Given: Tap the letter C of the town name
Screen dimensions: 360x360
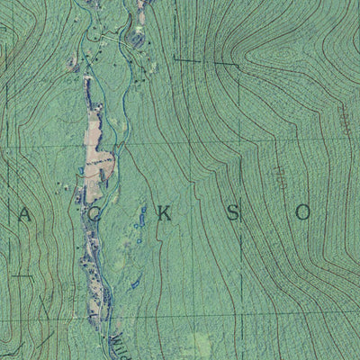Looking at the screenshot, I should (94, 214).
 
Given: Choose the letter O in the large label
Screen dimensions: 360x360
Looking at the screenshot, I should (303, 213).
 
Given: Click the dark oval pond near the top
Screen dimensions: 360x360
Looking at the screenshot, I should (137, 39).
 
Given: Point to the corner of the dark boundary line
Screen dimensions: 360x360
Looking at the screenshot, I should (173, 60).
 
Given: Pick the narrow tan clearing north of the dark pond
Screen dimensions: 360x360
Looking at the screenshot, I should (142, 11).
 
